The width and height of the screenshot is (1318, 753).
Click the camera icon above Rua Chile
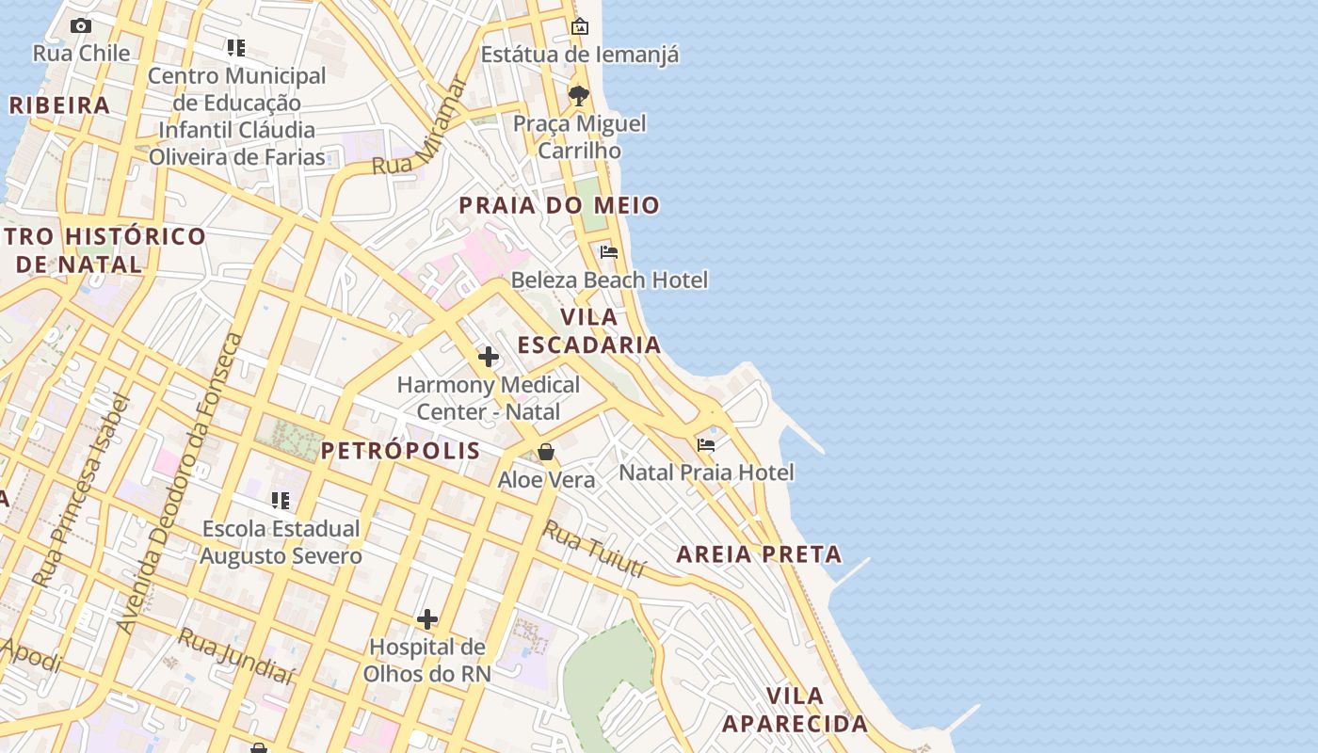click(81, 26)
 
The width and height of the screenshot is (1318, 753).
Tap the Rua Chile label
click(81, 54)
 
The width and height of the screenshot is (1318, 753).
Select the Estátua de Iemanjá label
click(579, 55)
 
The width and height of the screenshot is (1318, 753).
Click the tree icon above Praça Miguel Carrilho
click(579, 96)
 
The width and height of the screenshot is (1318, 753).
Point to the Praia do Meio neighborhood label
click(558, 205)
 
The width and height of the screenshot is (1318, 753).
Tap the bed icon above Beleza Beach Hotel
click(609, 252)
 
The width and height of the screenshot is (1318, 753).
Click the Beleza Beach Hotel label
click(609, 280)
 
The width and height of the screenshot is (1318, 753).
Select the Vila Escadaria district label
click(589, 330)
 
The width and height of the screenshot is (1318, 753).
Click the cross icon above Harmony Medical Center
click(488, 357)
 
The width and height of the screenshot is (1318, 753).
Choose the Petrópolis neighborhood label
click(400, 451)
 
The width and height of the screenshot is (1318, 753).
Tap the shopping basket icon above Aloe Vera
click(546, 453)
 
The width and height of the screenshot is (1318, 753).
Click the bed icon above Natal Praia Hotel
click(706, 445)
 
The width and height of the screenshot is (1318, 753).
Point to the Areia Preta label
click(759, 554)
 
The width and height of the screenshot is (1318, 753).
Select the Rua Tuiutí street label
click(595, 550)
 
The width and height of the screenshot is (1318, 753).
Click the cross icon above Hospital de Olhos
click(427, 619)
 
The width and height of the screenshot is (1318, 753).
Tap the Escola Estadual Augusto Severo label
click(281, 542)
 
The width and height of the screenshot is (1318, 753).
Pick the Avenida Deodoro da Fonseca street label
click(179, 483)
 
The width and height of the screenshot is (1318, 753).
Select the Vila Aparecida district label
click(795, 710)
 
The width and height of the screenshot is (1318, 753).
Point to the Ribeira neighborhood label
click(59, 105)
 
